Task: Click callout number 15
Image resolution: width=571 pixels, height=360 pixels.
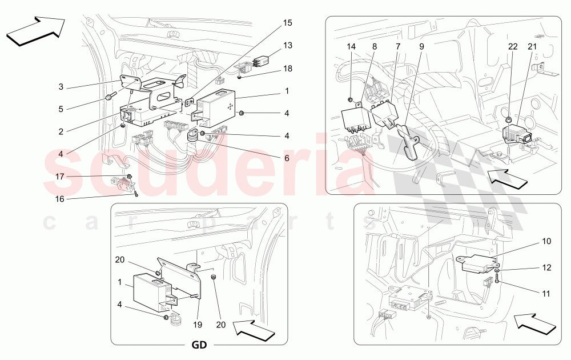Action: point(287,23)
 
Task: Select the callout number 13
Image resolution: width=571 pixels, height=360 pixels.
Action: point(287,45)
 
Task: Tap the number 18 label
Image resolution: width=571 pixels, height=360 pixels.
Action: point(287,68)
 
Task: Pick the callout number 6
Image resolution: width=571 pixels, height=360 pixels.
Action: point(287,158)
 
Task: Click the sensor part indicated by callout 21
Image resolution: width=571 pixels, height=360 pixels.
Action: point(514,136)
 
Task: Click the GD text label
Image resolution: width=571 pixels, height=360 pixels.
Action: point(199,346)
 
